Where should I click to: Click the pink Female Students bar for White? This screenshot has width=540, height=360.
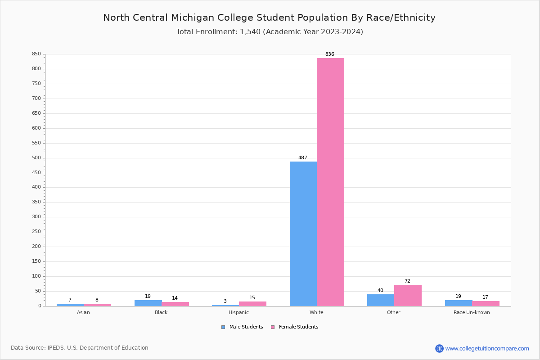pyautogui.click(x=330, y=182)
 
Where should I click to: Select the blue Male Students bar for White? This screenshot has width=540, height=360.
pyautogui.click(x=303, y=234)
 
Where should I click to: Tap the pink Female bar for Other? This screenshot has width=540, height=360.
pyautogui.click(x=408, y=295)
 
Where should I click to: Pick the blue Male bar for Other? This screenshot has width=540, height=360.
pyautogui.click(x=381, y=300)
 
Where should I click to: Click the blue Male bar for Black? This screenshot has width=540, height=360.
pyautogui.click(x=148, y=303)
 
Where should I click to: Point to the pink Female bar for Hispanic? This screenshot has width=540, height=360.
pyautogui.click(x=252, y=304)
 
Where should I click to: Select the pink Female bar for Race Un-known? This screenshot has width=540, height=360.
pyautogui.click(x=486, y=303)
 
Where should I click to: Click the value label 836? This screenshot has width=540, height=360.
pyautogui.click(x=330, y=54)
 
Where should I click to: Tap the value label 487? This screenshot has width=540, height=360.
pyautogui.click(x=303, y=158)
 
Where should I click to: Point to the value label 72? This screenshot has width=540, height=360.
pyautogui.click(x=407, y=281)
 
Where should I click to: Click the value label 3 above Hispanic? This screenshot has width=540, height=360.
pyautogui.click(x=225, y=301)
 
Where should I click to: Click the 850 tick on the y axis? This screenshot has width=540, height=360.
pyautogui.click(x=36, y=54)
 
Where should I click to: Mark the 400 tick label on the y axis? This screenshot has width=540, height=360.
pyautogui.click(x=36, y=187)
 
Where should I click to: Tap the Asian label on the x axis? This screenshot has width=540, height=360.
pyautogui.click(x=83, y=312)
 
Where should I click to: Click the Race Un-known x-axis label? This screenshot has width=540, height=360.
pyautogui.click(x=472, y=312)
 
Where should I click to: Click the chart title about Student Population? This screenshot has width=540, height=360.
pyautogui.click(x=269, y=18)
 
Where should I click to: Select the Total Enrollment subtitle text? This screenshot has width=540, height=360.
pyautogui.click(x=270, y=32)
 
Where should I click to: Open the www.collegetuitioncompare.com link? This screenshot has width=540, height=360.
pyautogui.click(x=487, y=348)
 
